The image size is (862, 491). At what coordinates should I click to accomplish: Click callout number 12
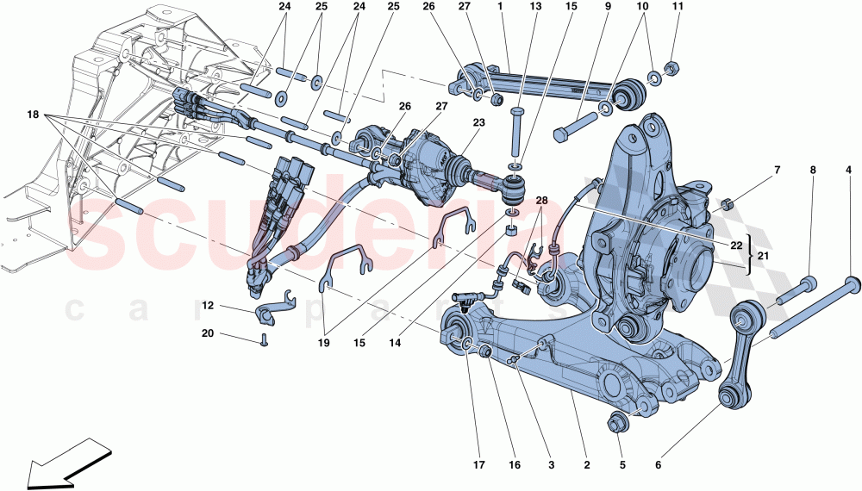tap(208, 306)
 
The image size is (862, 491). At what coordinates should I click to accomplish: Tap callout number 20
tap(208, 333)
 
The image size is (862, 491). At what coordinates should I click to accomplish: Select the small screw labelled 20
tap(264, 342)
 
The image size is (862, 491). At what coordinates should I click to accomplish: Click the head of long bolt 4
tap(853, 284)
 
